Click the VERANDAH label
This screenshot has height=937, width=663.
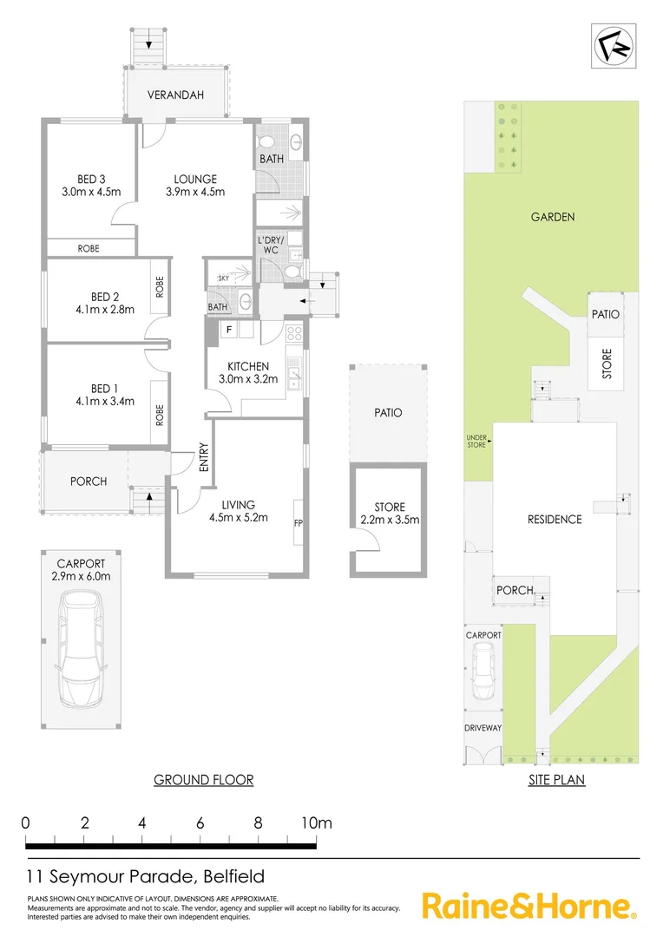pos(175,95)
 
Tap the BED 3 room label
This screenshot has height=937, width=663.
pos(90,180)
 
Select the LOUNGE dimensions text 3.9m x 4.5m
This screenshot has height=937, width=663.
pos(195,192)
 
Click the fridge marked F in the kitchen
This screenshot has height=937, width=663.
pos(229,330)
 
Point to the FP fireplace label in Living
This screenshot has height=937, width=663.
pos(298,523)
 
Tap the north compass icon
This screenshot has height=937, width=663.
pos(614,45)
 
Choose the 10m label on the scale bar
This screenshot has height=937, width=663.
pos(317,822)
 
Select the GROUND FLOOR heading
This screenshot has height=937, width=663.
pos(204,779)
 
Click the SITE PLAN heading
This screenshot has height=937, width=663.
pos(556,779)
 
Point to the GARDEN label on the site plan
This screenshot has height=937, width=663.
pos(553,217)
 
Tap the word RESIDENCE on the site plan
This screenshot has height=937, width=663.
pos(555,519)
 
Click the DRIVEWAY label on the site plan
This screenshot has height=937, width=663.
pos(482,727)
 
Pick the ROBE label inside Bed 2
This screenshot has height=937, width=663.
pos(160,287)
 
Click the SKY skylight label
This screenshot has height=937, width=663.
pos(223,278)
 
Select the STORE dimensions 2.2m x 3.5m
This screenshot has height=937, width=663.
pos(390,521)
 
